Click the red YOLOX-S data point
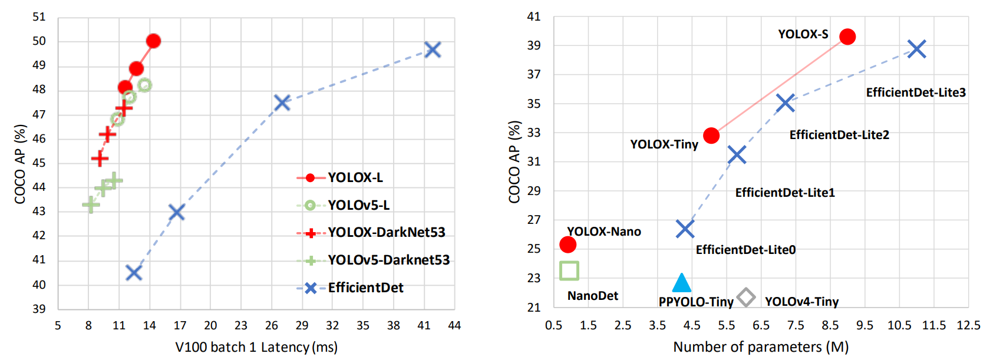click(847, 37)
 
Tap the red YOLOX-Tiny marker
click(711, 136)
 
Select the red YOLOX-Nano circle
click(568, 245)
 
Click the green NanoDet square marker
click(569, 270)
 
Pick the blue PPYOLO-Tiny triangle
click(681, 283)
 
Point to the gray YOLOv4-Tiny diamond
click(746, 298)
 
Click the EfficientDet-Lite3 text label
click(916, 93)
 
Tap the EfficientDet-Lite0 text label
click(745, 250)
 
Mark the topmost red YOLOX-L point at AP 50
click(153, 41)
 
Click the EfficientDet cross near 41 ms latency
click(433, 50)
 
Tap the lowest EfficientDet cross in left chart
click(134, 273)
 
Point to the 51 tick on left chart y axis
click(39, 17)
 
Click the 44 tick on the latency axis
click(454, 325)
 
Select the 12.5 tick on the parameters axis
click(968, 325)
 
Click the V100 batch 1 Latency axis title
click(256, 347)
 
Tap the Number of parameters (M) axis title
click(761, 347)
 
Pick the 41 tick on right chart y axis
click(534, 17)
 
